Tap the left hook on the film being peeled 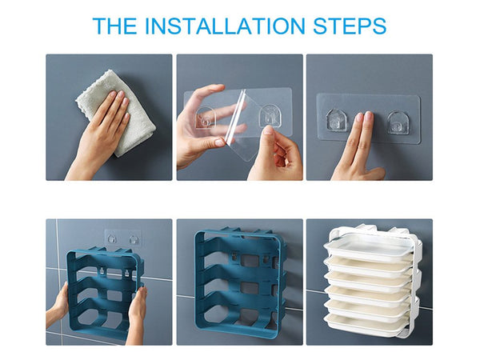206,119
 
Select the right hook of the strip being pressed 398,122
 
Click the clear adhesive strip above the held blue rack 122,238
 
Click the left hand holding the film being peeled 196,132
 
